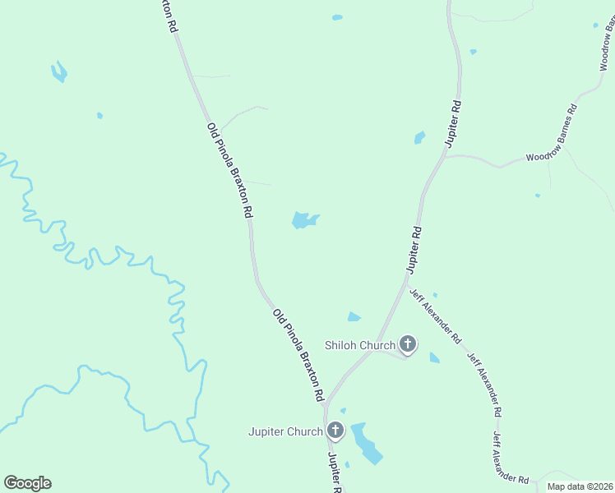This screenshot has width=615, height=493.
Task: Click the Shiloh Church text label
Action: point(360,345)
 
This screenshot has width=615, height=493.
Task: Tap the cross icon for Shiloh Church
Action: point(408,343)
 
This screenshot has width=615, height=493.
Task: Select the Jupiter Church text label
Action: point(287,431)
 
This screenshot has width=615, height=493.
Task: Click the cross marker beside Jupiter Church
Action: point(335,430)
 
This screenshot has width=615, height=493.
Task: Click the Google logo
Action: point(27,483)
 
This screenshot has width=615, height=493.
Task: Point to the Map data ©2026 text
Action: point(579,486)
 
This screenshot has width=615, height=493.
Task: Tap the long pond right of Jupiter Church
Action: point(366,443)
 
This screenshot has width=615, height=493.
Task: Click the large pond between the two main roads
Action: point(303,220)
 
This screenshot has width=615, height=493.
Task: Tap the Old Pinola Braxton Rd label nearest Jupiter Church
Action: point(298,354)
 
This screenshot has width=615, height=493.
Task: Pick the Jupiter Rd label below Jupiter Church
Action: point(335,472)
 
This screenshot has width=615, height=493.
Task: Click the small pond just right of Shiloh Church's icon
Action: point(434,357)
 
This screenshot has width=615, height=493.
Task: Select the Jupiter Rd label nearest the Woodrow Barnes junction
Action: point(454,123)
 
